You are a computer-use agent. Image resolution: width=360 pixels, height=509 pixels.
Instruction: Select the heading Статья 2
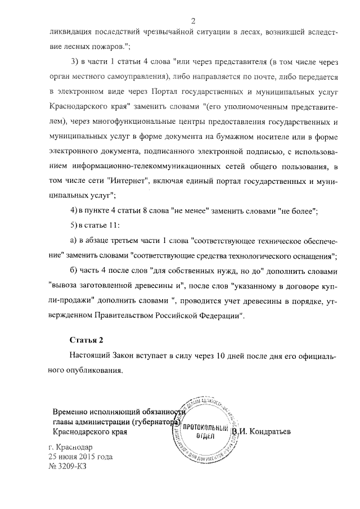(87, 340)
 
